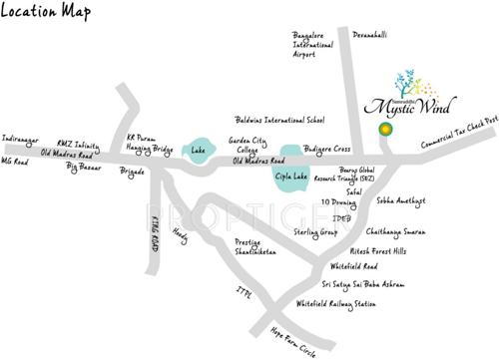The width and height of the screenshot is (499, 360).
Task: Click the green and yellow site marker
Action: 384,130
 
